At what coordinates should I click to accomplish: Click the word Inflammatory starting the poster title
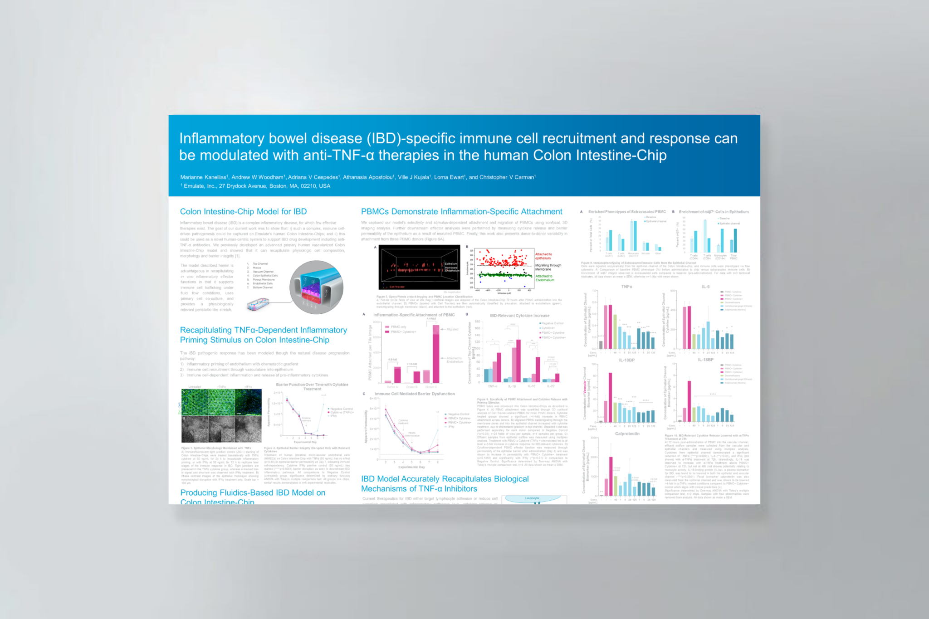point(221,138)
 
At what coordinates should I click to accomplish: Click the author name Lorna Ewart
point(450,177)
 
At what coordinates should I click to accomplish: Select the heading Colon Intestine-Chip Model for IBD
point(243,212)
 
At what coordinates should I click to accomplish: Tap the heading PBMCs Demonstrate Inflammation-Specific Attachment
point(461,212)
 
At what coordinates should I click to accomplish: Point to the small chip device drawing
point(258,304)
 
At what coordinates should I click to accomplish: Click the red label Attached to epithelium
point(543,256)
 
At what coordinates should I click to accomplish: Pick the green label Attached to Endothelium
point(544,278)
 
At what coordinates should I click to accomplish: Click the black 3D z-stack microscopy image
point(419,268)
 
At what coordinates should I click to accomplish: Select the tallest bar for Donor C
point(436,354)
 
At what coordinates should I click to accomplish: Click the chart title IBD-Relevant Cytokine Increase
point(519,316)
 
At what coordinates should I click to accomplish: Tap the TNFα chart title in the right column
point(626,287)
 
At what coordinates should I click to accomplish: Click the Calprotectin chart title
point(627,434)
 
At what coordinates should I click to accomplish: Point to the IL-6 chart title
point(705,287)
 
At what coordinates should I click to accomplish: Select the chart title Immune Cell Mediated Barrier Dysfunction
point(415,394)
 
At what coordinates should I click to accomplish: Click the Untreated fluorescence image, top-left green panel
point(195,402)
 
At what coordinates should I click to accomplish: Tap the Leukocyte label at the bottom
point(532,498)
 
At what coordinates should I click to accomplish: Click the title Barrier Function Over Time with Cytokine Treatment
point(312,387)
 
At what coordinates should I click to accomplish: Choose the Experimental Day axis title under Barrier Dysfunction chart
point(411,467)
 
